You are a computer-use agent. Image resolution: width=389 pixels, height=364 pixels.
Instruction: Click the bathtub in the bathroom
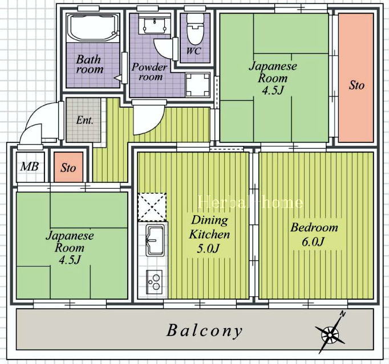click(x=93, y=28)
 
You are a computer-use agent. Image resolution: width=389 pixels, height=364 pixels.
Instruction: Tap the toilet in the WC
click(x=195, y=28)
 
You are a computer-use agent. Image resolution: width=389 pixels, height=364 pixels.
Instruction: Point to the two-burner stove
click(x=155, y=282)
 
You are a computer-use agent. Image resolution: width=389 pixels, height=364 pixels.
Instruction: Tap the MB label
click(x=30, y=167)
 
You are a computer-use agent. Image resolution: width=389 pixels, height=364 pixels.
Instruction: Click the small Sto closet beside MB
click(x=68, y=167)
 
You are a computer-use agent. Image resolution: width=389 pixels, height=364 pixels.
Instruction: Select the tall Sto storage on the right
click(x=356, y=78)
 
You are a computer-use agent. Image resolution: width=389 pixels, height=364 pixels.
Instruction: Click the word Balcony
click(x=204, y=331)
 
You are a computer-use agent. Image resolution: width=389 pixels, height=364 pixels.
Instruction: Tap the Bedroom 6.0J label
click(x=314, y=235)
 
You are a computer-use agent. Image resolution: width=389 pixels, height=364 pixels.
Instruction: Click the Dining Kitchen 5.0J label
click(x=210, y=235)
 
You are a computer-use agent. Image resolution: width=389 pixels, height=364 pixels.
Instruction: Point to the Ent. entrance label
click(x=85, y=120)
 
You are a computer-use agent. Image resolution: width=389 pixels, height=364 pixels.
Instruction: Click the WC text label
click(x=194, y=51)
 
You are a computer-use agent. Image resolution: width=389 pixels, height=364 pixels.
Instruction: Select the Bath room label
click(x=90, y=64)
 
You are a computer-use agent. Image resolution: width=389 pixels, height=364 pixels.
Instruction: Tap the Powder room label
click(x=149, y=72)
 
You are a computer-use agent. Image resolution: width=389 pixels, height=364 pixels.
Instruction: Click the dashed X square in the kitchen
click(x=152, y=207)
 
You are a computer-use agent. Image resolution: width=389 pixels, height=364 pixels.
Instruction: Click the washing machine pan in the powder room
click(x=198, y=85)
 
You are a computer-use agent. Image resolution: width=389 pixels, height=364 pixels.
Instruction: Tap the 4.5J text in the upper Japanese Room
click(x=273, y=91)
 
